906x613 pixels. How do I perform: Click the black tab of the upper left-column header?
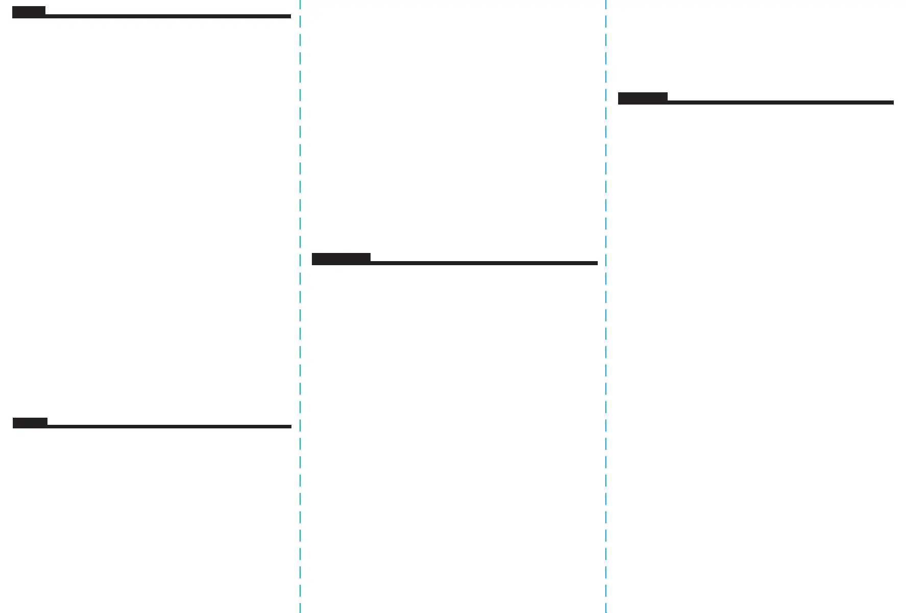click(29, 12)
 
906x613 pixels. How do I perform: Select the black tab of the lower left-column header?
click(30, 423)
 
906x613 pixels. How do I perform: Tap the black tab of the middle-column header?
click(341, 259)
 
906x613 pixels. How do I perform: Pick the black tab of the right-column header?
click(643, 98)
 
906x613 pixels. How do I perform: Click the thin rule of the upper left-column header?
click(168, 16)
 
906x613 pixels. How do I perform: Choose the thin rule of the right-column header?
click(780, 103)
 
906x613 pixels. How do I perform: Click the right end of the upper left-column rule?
click(289, 16)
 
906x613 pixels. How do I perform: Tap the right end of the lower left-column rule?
click(290, 426)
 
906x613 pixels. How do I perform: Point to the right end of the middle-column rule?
click(596, 263)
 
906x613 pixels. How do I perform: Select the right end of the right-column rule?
click(892, 103)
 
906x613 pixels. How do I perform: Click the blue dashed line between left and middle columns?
click(300, 306)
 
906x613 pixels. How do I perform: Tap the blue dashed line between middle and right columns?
click(606, 306)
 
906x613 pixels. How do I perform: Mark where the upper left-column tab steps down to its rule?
click(45, 15)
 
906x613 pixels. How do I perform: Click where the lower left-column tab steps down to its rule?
click(47, 425)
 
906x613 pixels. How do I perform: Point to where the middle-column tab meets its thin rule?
click(371, 262)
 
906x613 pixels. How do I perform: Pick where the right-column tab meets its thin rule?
click(668, 101)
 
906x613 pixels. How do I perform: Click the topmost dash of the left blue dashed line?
click(300, 4)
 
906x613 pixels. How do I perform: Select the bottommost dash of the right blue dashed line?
click(606, 607)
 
